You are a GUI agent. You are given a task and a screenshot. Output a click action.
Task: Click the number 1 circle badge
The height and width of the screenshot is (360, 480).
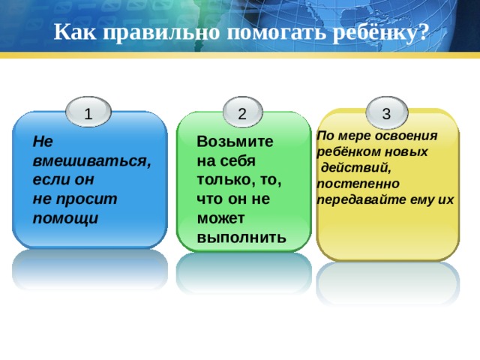pyautogui.click(x=88, y=113)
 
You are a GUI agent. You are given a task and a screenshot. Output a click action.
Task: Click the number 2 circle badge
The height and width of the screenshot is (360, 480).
pyautogui.click(x=241, y=113)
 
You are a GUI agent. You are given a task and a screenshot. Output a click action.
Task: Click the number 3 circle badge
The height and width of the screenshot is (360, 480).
pyautogui.click(x=385, y=113)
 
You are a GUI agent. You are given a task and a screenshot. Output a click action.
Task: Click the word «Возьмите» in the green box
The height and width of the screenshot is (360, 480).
pyautogui.click(x=234, y=142)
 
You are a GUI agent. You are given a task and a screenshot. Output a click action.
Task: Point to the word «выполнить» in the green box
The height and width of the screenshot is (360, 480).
pyautogui.click(x=240, y=238)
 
